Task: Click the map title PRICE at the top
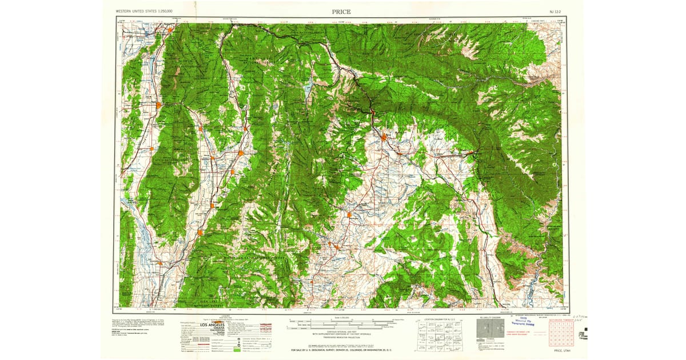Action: (341, 11)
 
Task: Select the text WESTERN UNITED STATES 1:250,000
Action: (144, 11)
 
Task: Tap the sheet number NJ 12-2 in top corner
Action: (555, 11)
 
